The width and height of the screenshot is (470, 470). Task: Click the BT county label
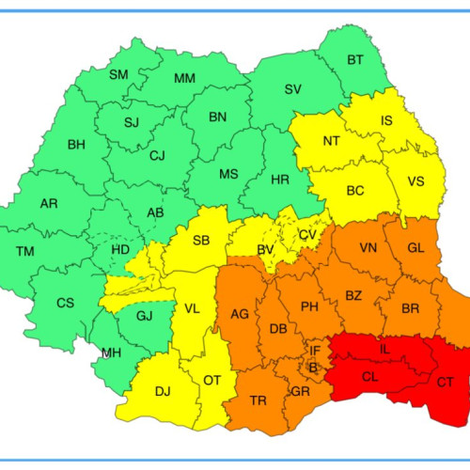(x=354, y=60)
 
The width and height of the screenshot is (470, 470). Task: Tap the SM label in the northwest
(x=118, y=74)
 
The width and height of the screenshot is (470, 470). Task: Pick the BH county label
(x=75, y=145)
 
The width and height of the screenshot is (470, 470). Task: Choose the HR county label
(x=279, y=178)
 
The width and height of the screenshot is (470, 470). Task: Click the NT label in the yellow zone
(x=331, y=141)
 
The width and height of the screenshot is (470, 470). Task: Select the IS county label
(x=386, y=120)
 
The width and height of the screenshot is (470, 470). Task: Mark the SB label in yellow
(x=200, y=241)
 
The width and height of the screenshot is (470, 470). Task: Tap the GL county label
(x=416, y=248)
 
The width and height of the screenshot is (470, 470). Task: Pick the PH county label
(x=309, y=306)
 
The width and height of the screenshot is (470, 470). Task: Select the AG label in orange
(x=240, y=314)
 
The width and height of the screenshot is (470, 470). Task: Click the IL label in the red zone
(x=384, y=349)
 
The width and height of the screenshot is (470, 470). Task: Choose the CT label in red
(x=445, y=382)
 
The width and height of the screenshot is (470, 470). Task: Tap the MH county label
(x=111, y=353)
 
